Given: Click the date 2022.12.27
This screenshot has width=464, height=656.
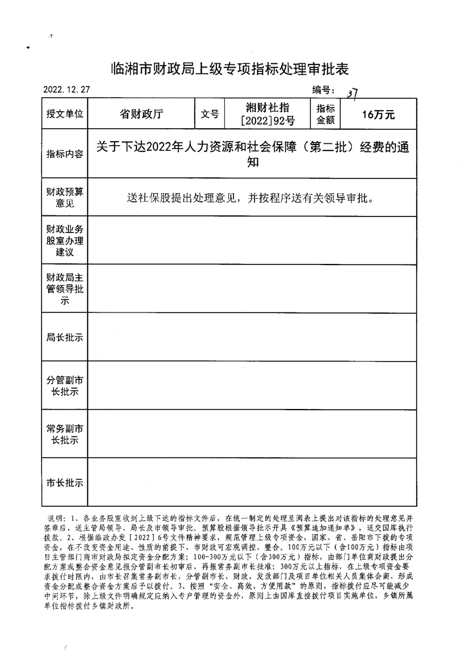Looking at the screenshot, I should click(x=67, y=90).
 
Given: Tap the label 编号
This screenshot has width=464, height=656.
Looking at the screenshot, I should click(x=322, y=90).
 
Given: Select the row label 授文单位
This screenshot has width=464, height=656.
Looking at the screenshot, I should click(x=65, y=114).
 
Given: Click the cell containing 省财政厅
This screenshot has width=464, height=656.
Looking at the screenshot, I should click(x=141, y=114).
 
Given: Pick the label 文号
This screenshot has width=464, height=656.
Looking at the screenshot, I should click(x=209, y=114).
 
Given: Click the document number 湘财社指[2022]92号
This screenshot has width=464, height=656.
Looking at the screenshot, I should click(x=267, y=114).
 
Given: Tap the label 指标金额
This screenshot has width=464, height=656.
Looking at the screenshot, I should click(x=325, y=114).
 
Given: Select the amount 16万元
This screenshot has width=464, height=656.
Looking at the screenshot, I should click(x=379, y=115).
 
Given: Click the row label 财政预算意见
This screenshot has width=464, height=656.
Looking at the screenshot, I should click(x=65, y=198).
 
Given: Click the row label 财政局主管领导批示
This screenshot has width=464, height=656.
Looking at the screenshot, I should click(x=65, y=288).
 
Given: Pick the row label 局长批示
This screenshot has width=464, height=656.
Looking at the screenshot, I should click(x=65, y=337).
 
